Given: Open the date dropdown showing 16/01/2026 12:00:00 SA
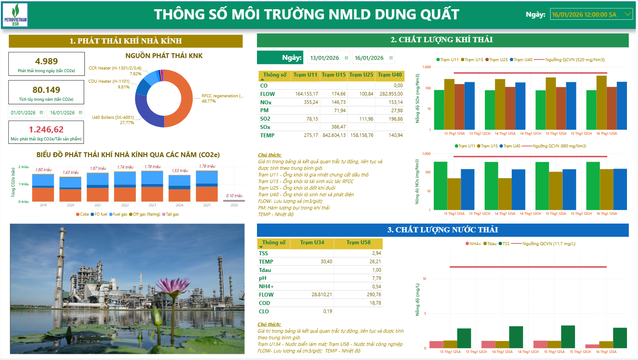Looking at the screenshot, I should [591, 15].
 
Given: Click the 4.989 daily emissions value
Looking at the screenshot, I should [46, 61].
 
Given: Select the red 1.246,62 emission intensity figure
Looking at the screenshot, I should [46, 129].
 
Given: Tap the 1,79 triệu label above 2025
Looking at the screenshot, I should [206, 166].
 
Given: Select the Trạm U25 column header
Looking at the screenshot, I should [362, 75].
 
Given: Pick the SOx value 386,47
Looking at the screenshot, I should [337, 127].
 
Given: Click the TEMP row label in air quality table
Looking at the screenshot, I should [268, 135].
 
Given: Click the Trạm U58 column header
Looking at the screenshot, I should [358, 242].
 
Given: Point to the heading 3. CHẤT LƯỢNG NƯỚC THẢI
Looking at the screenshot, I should [442, 230].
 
